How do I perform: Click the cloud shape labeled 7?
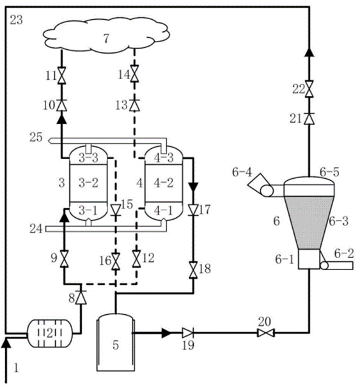107,34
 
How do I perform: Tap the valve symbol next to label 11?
61,75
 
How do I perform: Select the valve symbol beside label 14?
134,74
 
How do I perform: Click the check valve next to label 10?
61,105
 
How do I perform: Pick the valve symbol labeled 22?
309,89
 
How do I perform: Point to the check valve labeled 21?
309,119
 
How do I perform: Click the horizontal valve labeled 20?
265,333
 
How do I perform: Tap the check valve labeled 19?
188,333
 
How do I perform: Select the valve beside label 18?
193,270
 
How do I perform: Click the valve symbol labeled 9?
65,259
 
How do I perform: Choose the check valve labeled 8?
81,297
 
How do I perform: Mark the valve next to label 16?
116,261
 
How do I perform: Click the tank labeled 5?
116,342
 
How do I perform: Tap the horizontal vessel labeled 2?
50,333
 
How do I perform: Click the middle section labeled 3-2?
88,183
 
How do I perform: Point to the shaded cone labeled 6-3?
309,223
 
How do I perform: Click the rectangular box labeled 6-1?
309,259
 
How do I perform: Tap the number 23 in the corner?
17,20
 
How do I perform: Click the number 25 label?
36,137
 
